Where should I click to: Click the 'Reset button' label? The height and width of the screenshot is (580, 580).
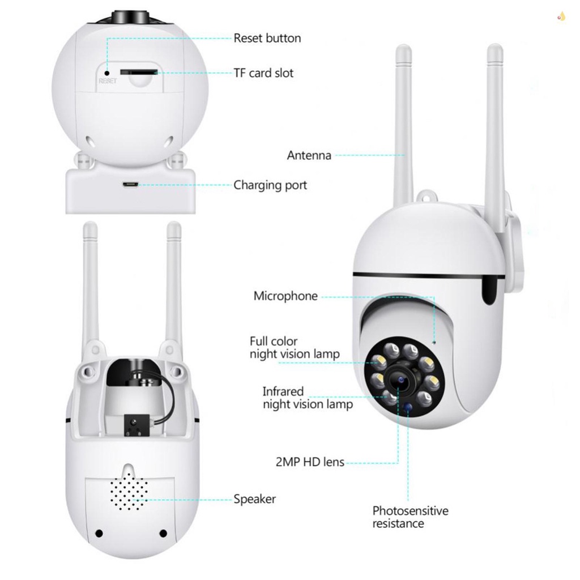click(267, 39)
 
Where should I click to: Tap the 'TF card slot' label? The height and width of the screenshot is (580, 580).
click(263, 73)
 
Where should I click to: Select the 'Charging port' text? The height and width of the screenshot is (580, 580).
click(270, 185)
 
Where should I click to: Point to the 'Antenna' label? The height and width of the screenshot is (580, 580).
click(309, 155)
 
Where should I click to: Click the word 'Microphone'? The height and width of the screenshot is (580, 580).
click(285, 296)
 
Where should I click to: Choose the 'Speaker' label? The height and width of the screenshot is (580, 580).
click(254, 499)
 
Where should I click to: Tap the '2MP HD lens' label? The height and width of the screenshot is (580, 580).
click(310, 462)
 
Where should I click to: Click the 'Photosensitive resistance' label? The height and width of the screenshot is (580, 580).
click(410, 517)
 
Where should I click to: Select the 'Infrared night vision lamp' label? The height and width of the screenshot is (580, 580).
click(308, 398)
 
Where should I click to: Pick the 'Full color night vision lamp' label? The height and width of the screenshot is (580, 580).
click(295, 348)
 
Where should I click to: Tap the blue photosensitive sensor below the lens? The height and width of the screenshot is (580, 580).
click(407, 407)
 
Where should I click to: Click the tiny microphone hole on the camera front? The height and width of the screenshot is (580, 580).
click(434, 342)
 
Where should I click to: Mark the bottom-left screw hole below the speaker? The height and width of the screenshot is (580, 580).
click(99, 533)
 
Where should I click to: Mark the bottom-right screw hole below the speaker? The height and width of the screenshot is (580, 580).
click(163, 533)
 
